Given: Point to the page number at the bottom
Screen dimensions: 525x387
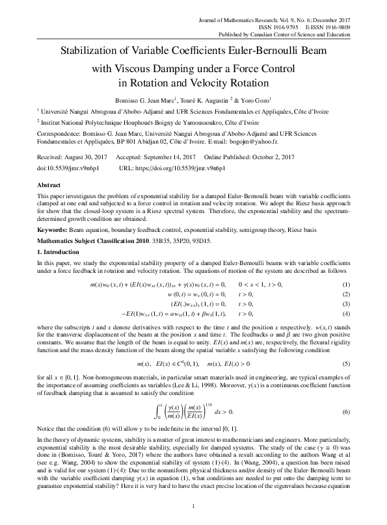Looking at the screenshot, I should tap(193, 506).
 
